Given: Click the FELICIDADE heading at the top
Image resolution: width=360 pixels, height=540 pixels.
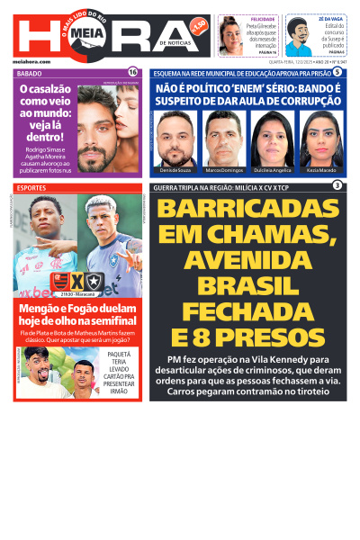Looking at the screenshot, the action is click(x=263, y=19).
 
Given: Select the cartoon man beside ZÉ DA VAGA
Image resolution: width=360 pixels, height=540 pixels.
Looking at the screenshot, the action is click(x=300, y=37).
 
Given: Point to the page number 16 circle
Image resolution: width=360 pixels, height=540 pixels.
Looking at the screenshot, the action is click(x=133, y=72).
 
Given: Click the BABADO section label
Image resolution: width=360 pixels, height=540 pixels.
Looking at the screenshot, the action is click(x=30, y=73).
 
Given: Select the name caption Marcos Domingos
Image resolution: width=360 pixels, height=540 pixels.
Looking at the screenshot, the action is click(x=225, y=169).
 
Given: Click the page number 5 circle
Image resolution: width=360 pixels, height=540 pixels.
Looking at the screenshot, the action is click(x=337, y=72).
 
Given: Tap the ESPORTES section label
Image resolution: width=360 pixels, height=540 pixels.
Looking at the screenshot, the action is click(x=32, y=187).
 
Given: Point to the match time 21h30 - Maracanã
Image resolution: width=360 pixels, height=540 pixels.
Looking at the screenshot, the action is click(x=78, y=295).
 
